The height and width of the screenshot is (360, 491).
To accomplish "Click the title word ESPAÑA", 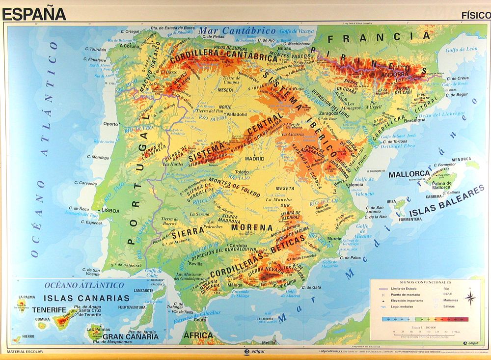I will (34, 13).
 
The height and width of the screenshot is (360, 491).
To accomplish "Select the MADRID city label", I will (255, 159).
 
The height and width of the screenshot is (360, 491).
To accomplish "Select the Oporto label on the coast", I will (110, 124).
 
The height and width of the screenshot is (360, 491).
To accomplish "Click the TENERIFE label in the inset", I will (49, 310).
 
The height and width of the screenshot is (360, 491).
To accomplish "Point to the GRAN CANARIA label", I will (131, 337).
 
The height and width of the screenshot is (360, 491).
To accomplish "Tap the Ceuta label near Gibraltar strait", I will (200, 320).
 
